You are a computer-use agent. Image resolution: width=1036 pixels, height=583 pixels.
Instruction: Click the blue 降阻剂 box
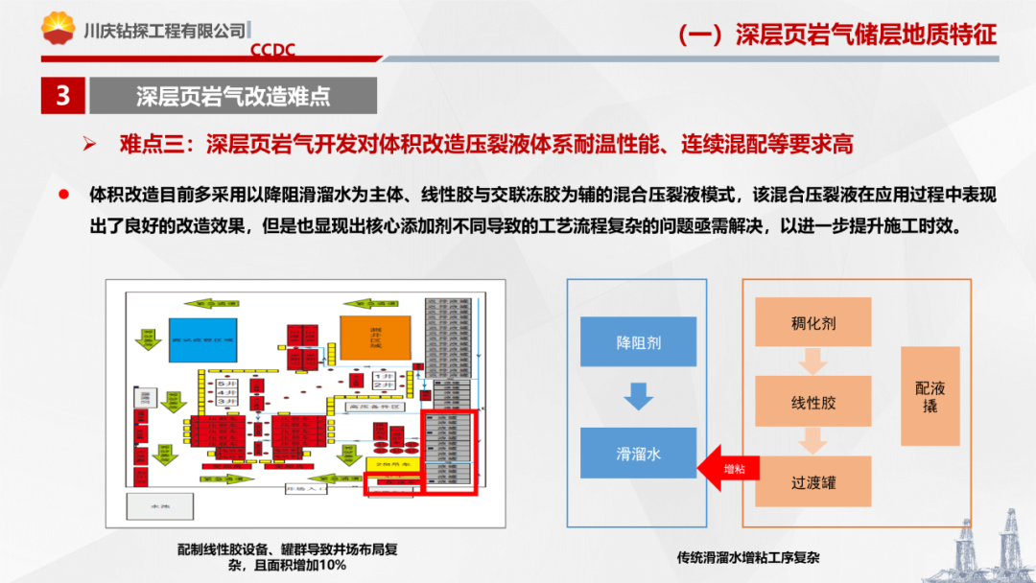[x=639, y=341]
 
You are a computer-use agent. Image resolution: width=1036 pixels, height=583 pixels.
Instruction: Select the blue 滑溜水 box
[x=639, y=454]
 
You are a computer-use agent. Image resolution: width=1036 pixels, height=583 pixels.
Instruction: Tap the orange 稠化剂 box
[x=812, y=322]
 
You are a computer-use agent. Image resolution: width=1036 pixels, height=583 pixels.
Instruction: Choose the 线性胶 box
[x=812, y=402]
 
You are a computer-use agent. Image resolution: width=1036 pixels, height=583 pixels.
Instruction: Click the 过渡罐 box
[x=812, y=481]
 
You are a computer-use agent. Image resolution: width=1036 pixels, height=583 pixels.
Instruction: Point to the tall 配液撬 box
[x=930, y=396]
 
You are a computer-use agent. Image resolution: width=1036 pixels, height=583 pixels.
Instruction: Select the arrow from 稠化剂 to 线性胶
[x=812, y=361]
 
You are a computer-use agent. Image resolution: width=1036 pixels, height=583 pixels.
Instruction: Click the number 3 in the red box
[x=63, y=96]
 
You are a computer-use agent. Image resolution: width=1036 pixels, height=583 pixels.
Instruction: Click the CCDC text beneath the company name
[x=272, y=49]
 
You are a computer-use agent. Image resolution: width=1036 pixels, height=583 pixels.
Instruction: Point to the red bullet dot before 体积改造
[x=64, y=194]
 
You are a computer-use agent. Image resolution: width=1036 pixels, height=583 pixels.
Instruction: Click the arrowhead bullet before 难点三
[x=89, y=145]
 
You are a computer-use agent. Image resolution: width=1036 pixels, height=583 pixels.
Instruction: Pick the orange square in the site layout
[x=375, y=338]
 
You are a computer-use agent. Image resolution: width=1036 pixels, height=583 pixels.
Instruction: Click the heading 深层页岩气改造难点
[x=232, y=96]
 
